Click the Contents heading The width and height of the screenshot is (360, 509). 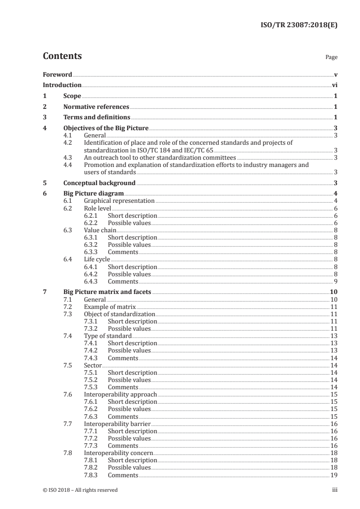tap(62, 56)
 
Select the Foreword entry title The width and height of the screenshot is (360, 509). tap(57, 74)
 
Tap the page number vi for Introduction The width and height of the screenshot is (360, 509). tap(334, 85)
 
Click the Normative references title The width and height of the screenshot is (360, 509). tap(96, 107)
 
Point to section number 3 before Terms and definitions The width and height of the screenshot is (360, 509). tap(44, 117)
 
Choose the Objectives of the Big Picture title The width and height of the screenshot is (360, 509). tap(106, 128)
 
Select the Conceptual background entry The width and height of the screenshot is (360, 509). tap(99, 183)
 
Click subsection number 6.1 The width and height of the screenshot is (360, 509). tap(68, 201)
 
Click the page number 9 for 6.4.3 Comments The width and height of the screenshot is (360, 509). tap(335, 281)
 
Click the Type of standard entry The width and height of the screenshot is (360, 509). tap(108, 336)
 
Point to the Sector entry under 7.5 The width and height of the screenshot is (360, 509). tap(93, 365)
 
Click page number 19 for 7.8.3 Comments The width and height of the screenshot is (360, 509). tap(334, 475)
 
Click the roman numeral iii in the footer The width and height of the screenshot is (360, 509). tap(335, 490)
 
